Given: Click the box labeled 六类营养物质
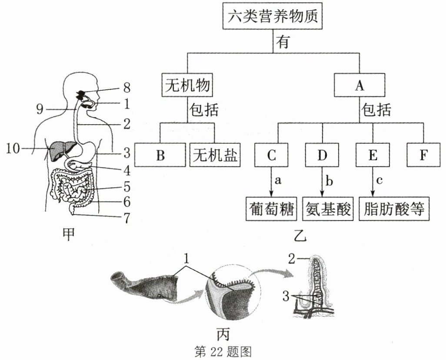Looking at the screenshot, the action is pyautogui.click(x=273, y=17).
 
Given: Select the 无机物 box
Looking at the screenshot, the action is pyautogui.click(x=187, y=85).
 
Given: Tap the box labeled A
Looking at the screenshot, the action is pyautogui.click(x=359, y=85).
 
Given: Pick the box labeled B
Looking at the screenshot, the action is pyautogui.click(x=160, y=155).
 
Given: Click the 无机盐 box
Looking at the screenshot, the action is pyautogui.click(x=215, y=155).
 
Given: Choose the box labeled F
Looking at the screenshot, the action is pyautogui.click(x=423, y=155).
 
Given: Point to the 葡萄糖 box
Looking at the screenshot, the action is pyautogui.click(x=271, y=209).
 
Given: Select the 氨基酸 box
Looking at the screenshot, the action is pyautogui.click(x=328, y=209).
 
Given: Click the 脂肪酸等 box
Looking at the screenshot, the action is pyautogui.click(x=394, y=209).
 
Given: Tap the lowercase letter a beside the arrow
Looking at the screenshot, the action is pyautogui.click(x=278, y=180).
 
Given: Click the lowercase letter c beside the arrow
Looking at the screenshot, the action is pyautogui.click(x=379, y=180).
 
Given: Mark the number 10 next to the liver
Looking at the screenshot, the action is pyautogui.click(x=13, y=149).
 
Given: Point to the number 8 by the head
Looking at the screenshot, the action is pyautogui.click(x=126, y=87).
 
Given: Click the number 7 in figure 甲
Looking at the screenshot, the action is pyautogui.click(x=126, y=218).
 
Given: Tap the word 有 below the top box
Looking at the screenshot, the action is pyautogui.click(x=283, y=43).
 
